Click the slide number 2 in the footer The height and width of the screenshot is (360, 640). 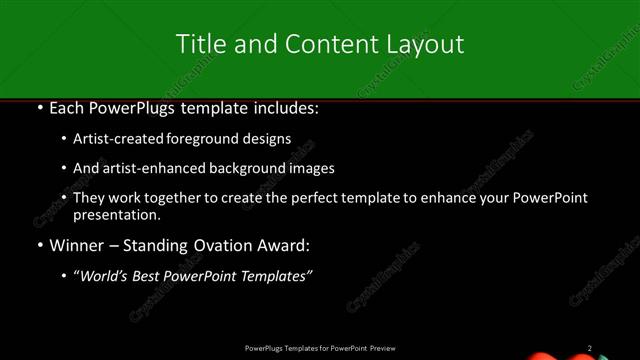[x=590, y=348]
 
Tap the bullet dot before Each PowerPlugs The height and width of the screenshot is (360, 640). [x=38, y=107]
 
